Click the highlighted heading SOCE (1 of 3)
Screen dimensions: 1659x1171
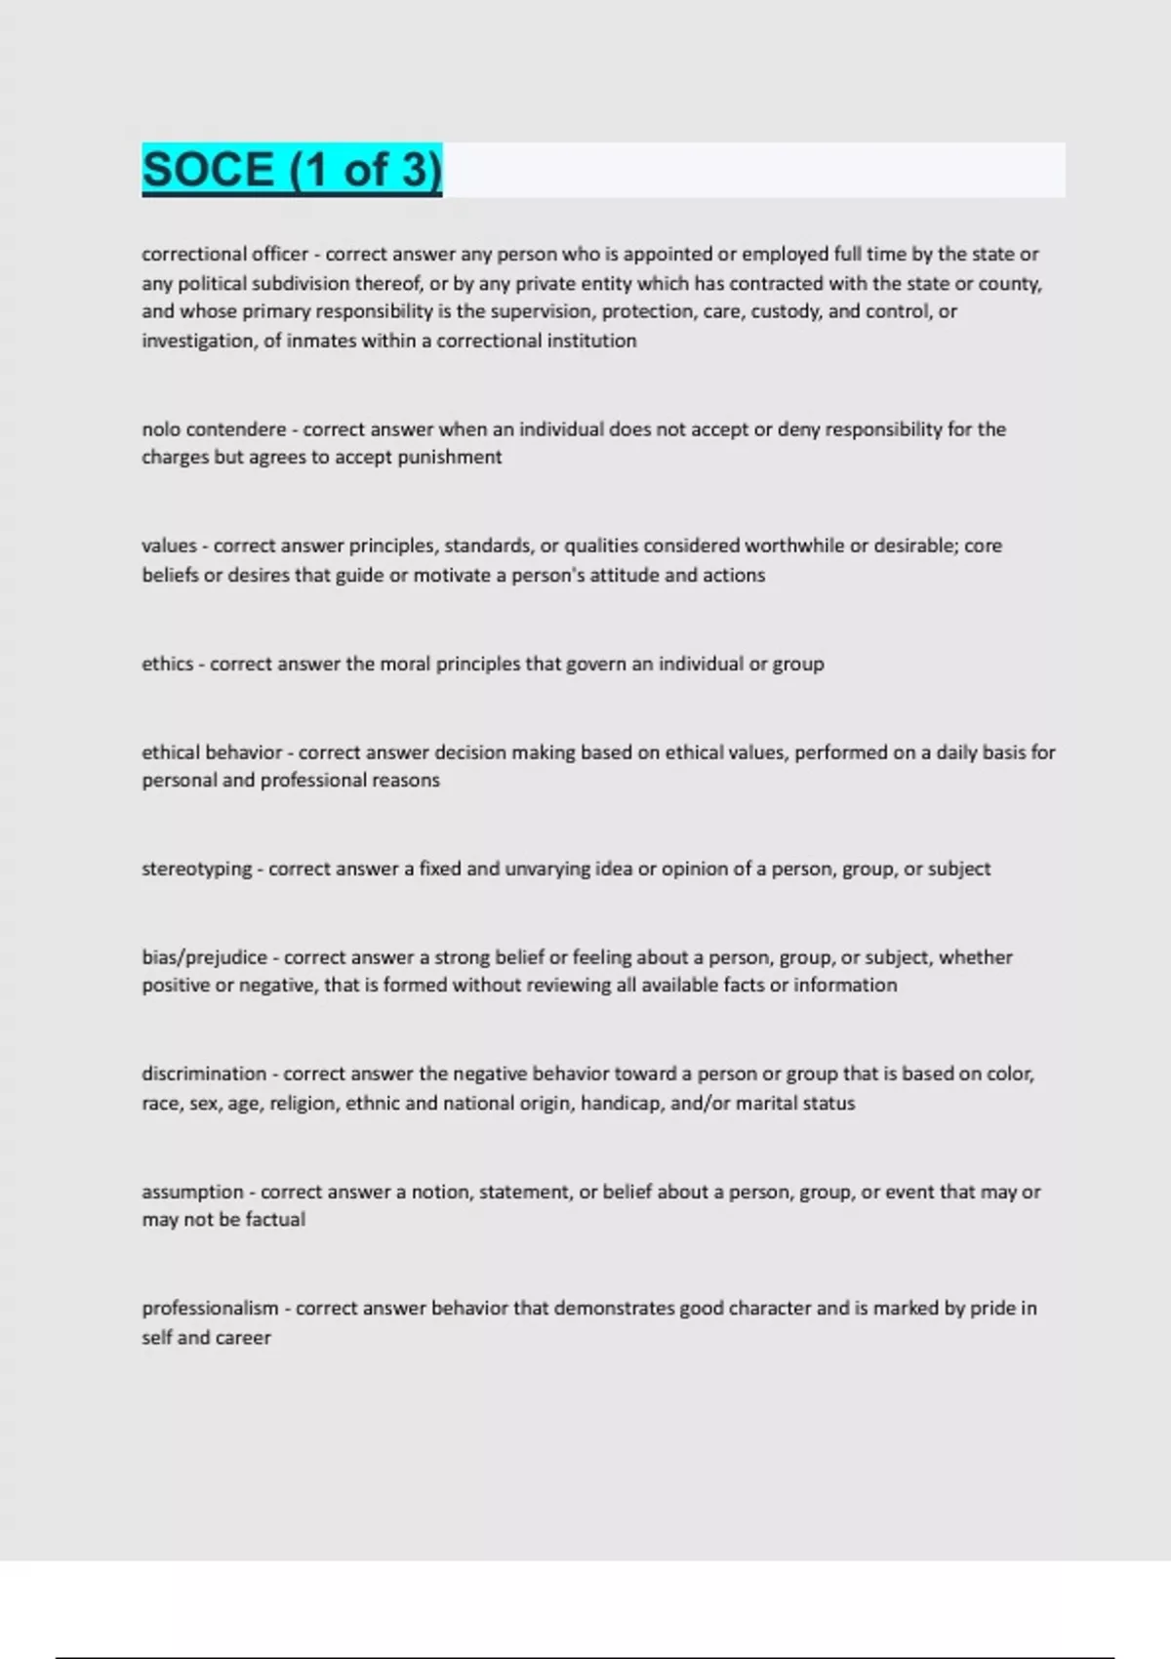pos(292,170)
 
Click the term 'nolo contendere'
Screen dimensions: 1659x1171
pos(214,429)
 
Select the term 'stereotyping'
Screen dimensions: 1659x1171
pos(196,869)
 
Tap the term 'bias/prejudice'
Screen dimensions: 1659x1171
pos(204,957)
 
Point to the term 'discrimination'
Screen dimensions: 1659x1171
pos(204,1073)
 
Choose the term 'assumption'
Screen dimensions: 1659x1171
pos(192,1192)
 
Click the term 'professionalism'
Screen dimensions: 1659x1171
pos(210,1308)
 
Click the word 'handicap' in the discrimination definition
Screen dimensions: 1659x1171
pos(621,1103)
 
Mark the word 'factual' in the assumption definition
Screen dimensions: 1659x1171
pos(275,1219)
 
